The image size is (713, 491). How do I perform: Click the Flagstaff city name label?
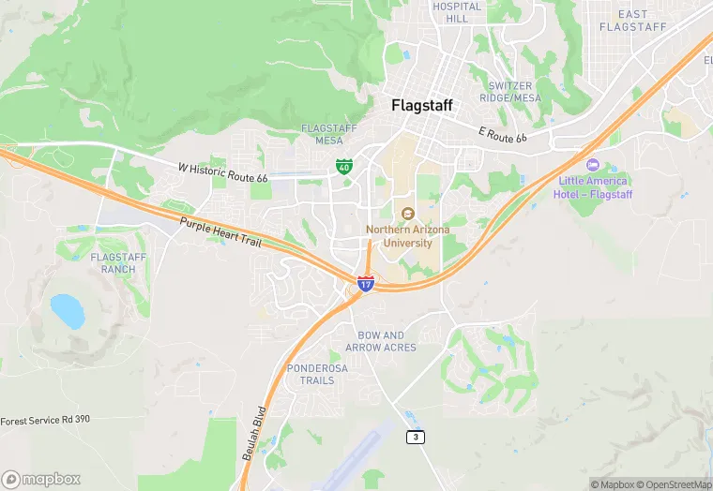pos(421,106)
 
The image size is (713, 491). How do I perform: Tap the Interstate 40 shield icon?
pos(344,167)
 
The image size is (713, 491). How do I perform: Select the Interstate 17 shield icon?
pos(366,282)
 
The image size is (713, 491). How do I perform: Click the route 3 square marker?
pos(416,437)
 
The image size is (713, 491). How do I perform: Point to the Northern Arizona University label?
pos(407,235)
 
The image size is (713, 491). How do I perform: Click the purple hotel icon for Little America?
pos(592,165)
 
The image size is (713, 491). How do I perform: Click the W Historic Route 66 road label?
pos(222,172)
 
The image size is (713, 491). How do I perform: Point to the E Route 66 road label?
pos(503,136)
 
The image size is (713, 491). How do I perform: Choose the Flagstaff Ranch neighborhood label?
pos(114,262)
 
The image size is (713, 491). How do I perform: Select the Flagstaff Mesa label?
pos(322,134)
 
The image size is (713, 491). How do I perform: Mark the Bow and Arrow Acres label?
pos(381,341)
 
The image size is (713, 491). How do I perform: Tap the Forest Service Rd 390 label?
pos(45,419)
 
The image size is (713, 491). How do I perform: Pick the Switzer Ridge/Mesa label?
pos(511,91)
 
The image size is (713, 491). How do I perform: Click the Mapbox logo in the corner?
pos(41,479)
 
